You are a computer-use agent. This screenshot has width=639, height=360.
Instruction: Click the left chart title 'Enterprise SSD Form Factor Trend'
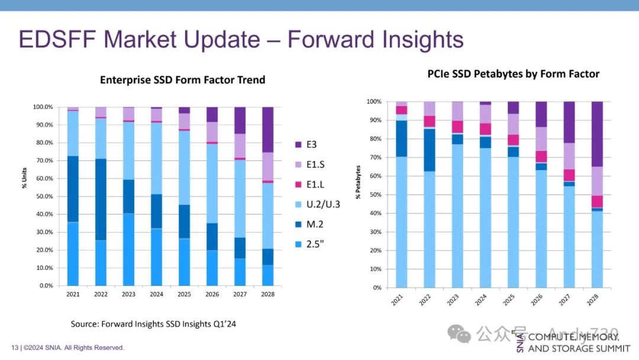pos(182,80)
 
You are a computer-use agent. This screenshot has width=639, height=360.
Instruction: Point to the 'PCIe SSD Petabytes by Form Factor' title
pos(513,74)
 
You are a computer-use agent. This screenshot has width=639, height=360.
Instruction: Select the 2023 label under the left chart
pos(128,294)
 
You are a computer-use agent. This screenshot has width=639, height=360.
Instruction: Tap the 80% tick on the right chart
pos(375,139)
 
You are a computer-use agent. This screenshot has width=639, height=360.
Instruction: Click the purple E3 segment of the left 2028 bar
pos(268,130)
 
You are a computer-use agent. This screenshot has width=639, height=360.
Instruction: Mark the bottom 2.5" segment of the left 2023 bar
pos(128,249)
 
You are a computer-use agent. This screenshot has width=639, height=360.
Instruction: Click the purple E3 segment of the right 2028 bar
pos(596,134)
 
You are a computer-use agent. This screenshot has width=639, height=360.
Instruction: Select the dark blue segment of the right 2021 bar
pos(402,139)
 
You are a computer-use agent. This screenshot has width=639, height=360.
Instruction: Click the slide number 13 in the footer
pos(15,348)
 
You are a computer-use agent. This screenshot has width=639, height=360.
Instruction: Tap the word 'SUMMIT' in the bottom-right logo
pos(610,349)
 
